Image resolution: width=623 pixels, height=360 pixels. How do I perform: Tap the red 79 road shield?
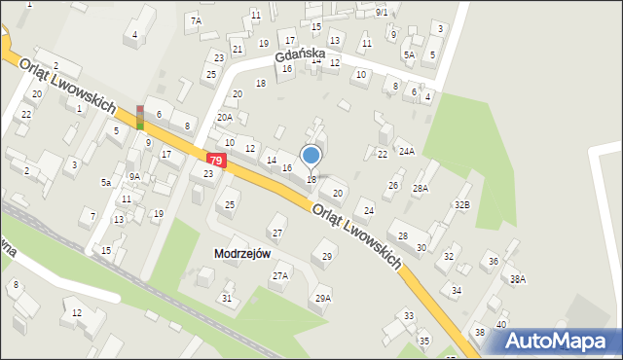click(216, 160)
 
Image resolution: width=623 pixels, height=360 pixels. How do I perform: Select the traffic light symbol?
click(140, 117)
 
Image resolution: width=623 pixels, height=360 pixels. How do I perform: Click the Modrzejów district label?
click(241, 253)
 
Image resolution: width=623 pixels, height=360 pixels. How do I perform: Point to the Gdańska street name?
click(299, 61)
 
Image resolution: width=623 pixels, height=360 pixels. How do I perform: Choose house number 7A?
click(196, 20)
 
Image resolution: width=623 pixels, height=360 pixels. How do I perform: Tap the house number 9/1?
click(382, 12)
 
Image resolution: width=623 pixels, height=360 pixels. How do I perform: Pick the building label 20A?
click(225, 118)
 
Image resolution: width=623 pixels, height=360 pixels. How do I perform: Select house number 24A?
click(406, 151)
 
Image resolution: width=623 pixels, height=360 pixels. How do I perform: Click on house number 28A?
click(421, 188)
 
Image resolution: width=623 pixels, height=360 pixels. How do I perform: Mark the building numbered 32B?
click(461, 204)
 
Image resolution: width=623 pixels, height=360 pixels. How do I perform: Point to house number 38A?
click(518, 279)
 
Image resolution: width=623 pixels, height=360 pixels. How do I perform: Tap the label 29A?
click(322, 298)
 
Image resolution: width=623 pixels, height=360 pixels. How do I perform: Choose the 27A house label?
click(280, 276)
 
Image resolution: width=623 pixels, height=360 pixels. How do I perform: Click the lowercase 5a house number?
click(105, 182)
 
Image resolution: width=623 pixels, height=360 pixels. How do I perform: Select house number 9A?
click(134, 176)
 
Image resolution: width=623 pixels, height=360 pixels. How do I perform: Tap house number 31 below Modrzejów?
click(227, 298)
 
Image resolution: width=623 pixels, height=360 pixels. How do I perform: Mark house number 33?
click(409, 315)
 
